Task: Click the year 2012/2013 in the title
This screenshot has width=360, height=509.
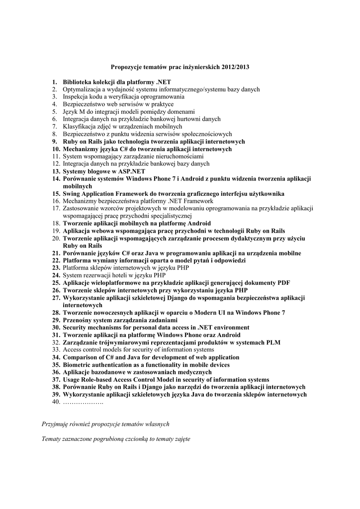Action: click(235, 67)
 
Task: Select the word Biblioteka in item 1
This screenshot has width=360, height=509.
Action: click(79, 82)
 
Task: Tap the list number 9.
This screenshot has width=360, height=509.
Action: click(55, 142)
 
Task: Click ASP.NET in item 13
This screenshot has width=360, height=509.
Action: click(128, 171)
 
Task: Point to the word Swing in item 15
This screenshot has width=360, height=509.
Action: click(72, 194)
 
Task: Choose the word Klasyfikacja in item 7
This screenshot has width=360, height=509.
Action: click(80, 127)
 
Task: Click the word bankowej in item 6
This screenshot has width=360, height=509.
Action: click(175, 119)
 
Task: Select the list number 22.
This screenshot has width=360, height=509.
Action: click(56, 260)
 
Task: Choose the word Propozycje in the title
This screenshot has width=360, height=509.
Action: click(127, 67)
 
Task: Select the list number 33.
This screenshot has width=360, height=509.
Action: click(56, 350)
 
